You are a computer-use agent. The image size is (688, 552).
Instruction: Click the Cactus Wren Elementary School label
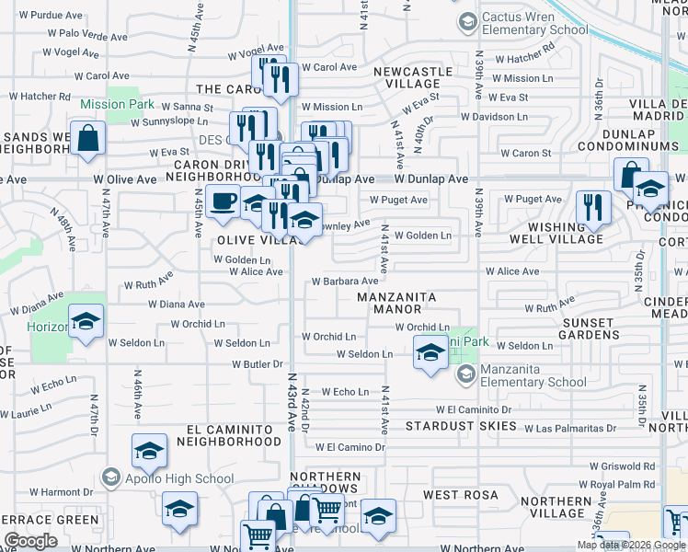[x=533, y=23]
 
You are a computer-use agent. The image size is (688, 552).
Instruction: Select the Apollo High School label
[x=167, y=477]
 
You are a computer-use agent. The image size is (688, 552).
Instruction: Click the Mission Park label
[x=117, y=104]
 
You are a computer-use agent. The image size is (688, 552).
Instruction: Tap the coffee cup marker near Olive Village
[x=224, y=201]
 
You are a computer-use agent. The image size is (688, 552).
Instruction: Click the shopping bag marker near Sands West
[x=88, y=139]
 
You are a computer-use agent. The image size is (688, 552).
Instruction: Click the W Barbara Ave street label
[x=345, y=282]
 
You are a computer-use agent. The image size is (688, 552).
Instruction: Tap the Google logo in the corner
[x=30, y=541]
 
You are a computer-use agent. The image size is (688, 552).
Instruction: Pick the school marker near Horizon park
[x=86, y=322]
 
